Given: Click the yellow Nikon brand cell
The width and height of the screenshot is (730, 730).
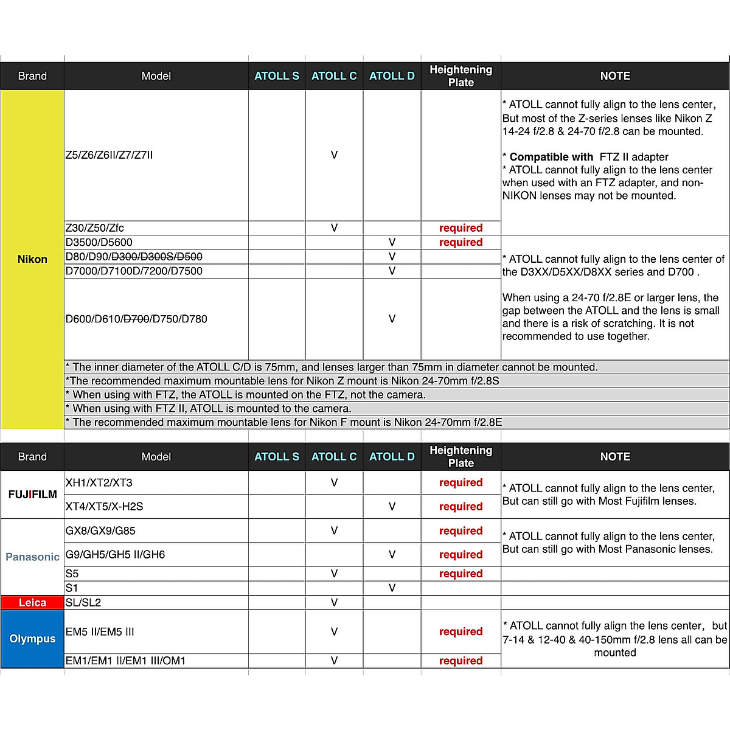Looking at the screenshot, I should [x=32, y=259].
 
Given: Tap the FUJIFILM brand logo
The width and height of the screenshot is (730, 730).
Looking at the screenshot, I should [x=32, y=495].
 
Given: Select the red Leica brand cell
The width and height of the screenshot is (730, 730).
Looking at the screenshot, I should [x=32, y=603].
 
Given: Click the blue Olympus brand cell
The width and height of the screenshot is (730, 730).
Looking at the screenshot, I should [x=32, y=639].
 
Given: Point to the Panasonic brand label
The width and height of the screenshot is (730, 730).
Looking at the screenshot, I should [x=32, y=557].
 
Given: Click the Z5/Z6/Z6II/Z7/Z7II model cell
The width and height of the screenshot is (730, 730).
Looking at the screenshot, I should [x=109, y=155].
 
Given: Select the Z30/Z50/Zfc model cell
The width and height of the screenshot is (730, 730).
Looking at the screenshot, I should [x=95, y=228].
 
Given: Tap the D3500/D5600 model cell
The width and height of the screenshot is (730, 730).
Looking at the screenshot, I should [x=99, y=242].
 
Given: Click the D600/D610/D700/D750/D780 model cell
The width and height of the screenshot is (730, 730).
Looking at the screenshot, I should [x=136, y=319].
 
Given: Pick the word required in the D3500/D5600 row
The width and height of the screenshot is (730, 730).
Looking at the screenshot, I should [x=461, y=242].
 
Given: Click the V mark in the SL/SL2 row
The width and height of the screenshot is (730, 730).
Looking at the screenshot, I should [x=334, y=603].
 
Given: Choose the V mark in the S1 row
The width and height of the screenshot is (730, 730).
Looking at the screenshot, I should [x=392, y=588].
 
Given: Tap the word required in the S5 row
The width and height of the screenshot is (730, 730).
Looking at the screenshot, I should [x=461, y=574].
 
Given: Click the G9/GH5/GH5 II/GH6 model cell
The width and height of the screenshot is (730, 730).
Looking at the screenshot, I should [x=115, y=555].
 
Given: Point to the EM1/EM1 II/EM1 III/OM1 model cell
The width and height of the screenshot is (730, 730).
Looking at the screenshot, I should [x=125, y=661].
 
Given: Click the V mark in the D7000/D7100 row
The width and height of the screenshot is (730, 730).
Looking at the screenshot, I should [x=392, y=271].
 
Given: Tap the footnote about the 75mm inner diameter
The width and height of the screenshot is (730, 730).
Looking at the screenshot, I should [x=332, y=367].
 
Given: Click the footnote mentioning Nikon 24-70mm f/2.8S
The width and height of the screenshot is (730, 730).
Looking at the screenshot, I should [x=282, y=381].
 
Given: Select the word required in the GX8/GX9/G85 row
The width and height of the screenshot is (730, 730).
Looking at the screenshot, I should [x=461, y=531].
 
